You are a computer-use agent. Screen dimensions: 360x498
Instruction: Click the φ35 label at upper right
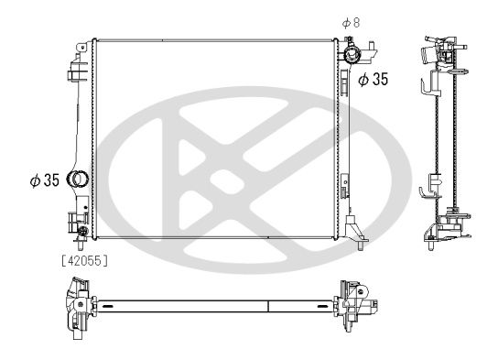point(373,80)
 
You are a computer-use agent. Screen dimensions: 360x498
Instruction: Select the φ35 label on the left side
point(44,180)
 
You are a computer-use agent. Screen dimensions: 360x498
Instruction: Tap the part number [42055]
point(84,260)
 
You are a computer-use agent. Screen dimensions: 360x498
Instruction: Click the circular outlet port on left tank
point(79,180)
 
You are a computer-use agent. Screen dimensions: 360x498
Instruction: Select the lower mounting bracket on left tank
point(71,219)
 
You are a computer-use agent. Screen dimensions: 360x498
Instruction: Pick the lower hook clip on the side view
point(426,193)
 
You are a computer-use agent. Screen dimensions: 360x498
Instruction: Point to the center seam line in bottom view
point(267,305)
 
